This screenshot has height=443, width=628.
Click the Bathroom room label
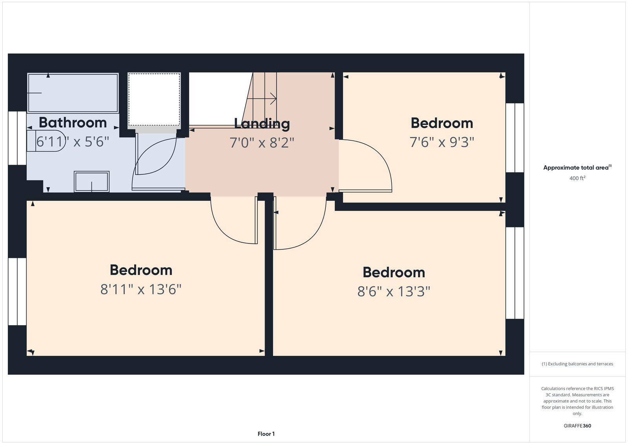[x=73, y=123]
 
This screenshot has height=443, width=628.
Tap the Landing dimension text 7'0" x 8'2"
[x=262, y=142]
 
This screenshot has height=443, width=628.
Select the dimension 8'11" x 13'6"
[x=141, y=289]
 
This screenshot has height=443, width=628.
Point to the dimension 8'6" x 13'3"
[x=394, y=292]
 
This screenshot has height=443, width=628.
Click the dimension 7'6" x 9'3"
[x=442, y=142]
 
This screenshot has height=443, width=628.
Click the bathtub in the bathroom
[x=73, y=93]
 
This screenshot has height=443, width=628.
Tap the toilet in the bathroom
[x=45, y=141]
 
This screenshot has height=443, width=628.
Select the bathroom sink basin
[x=91, y=181]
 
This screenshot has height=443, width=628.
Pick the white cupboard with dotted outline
[x=154, y=99]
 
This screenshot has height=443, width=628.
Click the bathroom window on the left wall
[x=17, y=138]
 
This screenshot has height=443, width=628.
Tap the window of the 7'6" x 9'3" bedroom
[x=515, y=137]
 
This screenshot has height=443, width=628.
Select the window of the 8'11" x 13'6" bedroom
[x=17, y=291]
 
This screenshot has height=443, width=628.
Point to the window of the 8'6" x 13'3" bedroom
[x=515, y=273]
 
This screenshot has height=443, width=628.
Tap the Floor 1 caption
[x=266, y=434]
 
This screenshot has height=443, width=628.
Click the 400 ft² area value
[x=577, y=178]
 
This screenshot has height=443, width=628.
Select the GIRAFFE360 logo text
[x=577, y=426]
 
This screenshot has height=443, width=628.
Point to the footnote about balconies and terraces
[x=577, y=364]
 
